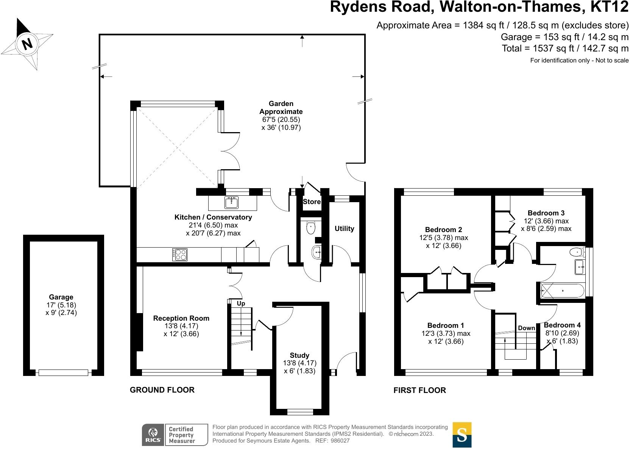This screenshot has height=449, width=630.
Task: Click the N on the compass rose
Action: pyautogui.click(x=27, y=44)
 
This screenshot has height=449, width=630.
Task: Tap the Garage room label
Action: pyautogui.click(x=61, y=297)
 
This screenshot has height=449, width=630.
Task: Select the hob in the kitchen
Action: pyautogui.click(x=180, y=254)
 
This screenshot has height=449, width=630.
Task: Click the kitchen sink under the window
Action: pyautogui.click(x=231, y=203)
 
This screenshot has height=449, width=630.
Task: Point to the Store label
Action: pyautogui.click(x=312, y=202)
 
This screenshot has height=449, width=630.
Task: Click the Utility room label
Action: pyautogui.click(x=344, y=229)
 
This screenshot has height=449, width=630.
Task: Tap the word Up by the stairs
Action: pyautogui.click(x=241, y=304)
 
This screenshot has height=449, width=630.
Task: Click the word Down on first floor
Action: pyautogui.click(x=526, y=328)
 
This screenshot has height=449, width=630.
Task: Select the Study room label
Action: pyautogui.click(x=299, y=355)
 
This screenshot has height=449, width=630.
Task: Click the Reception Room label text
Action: pyautogui.click(x=181, y=318)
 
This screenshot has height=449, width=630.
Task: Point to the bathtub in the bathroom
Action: pyautogui.click(x=562, y=291)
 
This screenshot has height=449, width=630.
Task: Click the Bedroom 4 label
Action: pyautogui.click(x=562, y=325)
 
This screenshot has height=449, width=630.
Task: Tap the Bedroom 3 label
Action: pyautogui.click(x=546, y=213)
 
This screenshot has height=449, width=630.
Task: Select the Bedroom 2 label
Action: pyautogui.click(x=443, y=230)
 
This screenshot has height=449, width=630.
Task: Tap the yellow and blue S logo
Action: pyautogui.click(x=462, y=435)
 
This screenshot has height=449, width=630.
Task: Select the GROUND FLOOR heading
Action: pyautogui.click(x=162, y=390)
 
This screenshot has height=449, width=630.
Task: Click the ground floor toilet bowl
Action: pyautogui.click(x=311, y=228)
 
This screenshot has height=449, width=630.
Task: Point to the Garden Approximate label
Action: pyautogui.click(x=281, y=108)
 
